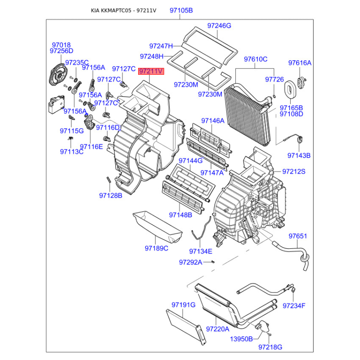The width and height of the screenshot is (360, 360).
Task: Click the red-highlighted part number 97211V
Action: coord(151,71)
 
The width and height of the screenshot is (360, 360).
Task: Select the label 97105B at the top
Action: coord(181,10)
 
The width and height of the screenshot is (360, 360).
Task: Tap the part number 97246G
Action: coord(219,26)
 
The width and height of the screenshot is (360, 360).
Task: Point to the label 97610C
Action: coord(256,59)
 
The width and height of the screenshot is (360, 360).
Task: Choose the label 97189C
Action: coord(156,248)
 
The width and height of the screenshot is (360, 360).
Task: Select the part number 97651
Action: coord(297,236)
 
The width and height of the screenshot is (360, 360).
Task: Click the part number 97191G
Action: coord(183,305)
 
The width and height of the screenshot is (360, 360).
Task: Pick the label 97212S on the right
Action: coord(294,171)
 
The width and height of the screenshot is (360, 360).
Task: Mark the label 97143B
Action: coord(299,155)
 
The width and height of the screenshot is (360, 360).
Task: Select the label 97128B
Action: coord(111,195)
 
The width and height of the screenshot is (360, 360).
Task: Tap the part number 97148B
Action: coord(180,215)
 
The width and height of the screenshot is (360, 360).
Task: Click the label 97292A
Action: coord(190,262)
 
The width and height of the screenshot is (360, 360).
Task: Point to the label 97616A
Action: coord(300,63)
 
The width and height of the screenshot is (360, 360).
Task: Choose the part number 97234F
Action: coord(294,306)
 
